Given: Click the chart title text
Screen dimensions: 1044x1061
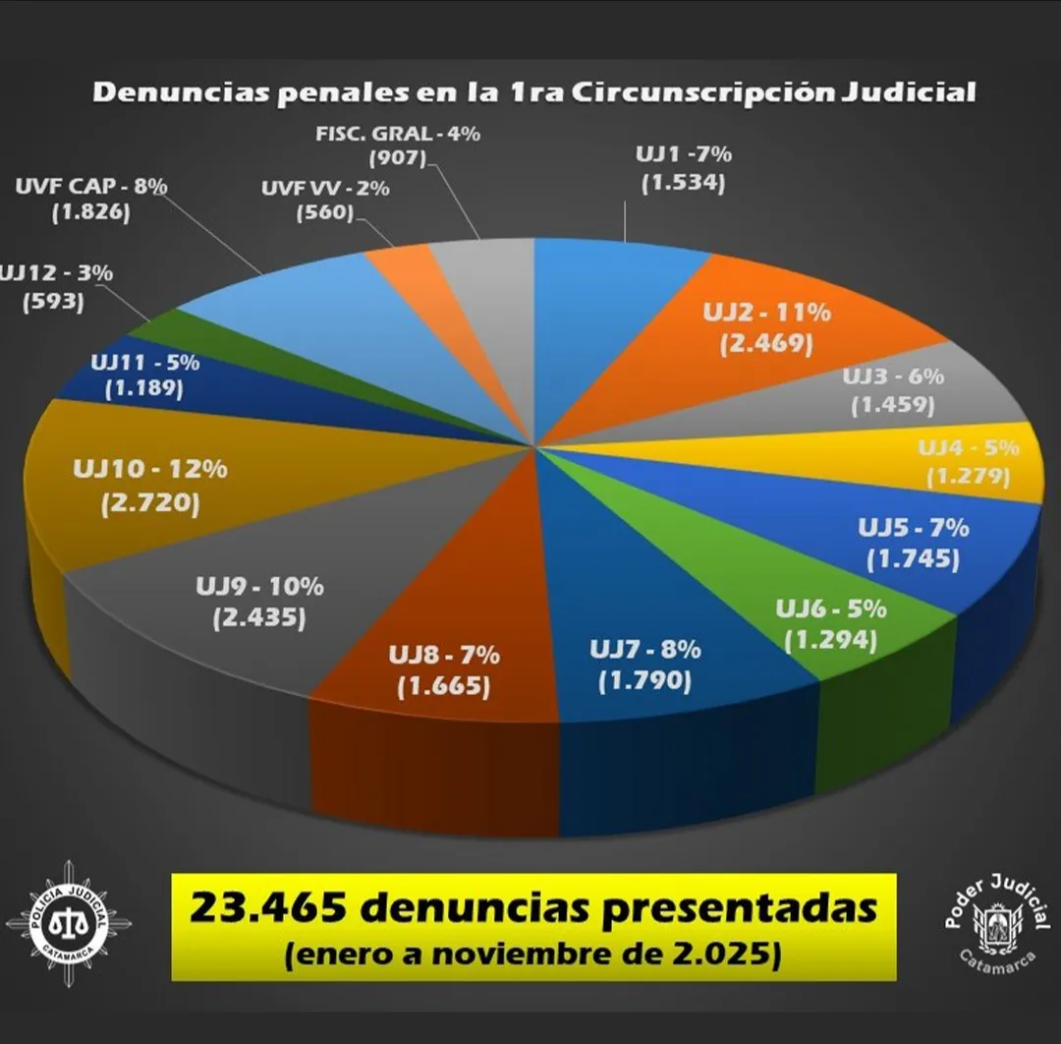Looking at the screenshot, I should (533, 93).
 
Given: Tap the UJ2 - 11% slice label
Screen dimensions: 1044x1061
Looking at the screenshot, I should (766, 314).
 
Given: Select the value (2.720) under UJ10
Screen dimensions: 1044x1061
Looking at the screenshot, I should (149, 504).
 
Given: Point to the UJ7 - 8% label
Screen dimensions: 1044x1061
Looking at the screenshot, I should (644, 650).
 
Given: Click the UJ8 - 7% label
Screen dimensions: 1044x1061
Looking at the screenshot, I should (444, 655).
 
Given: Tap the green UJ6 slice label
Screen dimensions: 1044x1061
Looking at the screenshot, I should (831, 609).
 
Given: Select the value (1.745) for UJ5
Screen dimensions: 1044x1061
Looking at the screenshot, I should (913, 559).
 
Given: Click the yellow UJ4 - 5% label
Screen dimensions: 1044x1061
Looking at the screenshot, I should (969, 448).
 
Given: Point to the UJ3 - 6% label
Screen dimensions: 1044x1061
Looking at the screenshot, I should (893, 377).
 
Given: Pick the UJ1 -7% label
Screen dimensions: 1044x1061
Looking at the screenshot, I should (683, 154).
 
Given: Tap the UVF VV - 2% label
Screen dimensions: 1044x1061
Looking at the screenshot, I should (324, 189).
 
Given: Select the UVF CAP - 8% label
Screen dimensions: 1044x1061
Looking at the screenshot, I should (91, 184).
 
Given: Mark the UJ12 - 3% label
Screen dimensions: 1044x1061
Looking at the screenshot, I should (56, 273).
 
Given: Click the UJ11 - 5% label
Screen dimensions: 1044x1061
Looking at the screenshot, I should (144, 362).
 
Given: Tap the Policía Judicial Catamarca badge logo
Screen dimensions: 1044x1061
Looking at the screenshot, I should (68, 923).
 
